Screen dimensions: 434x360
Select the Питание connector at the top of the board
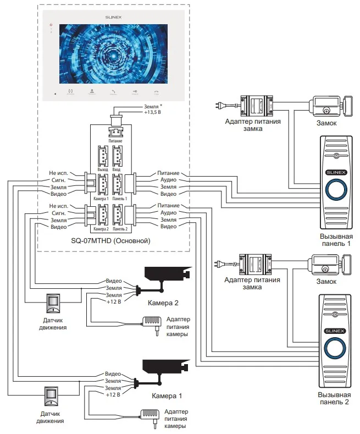pos(115,133)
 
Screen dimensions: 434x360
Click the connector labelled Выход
pos(103,156)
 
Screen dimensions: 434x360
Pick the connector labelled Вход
pos(117,156)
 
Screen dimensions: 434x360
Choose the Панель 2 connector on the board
pos(117,215)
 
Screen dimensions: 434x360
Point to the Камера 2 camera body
pos(167,273)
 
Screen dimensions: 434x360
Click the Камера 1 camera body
pos(167,366)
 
